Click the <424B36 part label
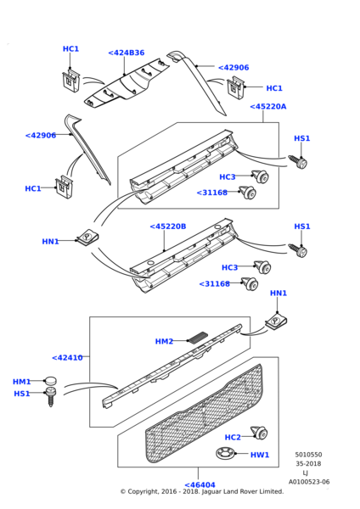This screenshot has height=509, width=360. (126, 53)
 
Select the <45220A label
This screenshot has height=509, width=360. (268, 107)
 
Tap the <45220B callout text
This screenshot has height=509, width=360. (168, 227)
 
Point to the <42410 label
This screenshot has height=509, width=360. (67, 358)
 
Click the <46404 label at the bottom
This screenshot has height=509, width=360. (200, 485)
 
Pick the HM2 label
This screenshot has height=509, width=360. (164, 342)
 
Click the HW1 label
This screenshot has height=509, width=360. (260, 455)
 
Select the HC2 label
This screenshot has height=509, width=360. (233, 438)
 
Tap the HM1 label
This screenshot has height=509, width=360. (21, 382)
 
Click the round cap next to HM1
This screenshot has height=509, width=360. (50, 381)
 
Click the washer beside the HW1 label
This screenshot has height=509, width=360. (225, 453)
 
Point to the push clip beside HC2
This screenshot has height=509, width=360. (259, 433)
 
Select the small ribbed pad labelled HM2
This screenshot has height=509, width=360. (198, 338)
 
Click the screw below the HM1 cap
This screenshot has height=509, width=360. (51, 397)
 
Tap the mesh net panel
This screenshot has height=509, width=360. (204, 413)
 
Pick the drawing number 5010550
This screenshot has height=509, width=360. (308, 455)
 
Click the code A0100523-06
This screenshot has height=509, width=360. (309, 482)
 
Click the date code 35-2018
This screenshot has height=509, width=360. (308, 464)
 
